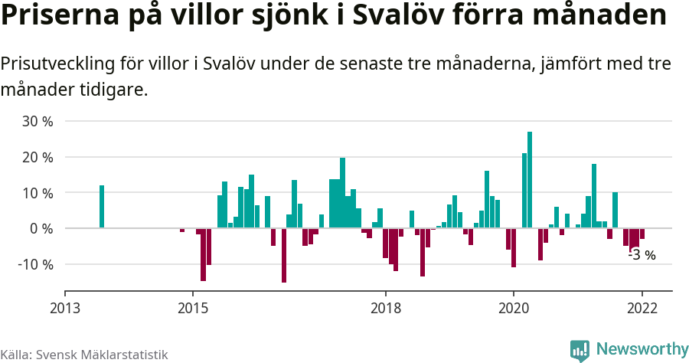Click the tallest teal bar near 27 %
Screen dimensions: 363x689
pyautogui.click(x=530, y=180)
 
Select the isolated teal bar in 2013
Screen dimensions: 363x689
pyautogui.click(x=102, y=207)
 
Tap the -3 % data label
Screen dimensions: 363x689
pyautogui.click(x=642, y=255)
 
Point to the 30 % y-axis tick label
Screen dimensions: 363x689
pyautogui.click(x=38, y=121)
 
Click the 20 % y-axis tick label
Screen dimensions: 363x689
pyautogui.click(x=38, y=157)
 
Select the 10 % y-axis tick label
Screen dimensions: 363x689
pyautogui.click(x=38, y=193)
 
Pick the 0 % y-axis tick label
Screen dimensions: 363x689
pyautogui.click(x=41, y=228)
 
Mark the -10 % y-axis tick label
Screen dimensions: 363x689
pyautogui.click(x=35, y=264)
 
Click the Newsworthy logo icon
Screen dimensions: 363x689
pyautogui.click(x=580, y=350)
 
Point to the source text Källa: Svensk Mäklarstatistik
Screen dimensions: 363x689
pyautogui.click(x=84, y=355)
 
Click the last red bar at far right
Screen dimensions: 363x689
pyautogui.click(x=642, y=234)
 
